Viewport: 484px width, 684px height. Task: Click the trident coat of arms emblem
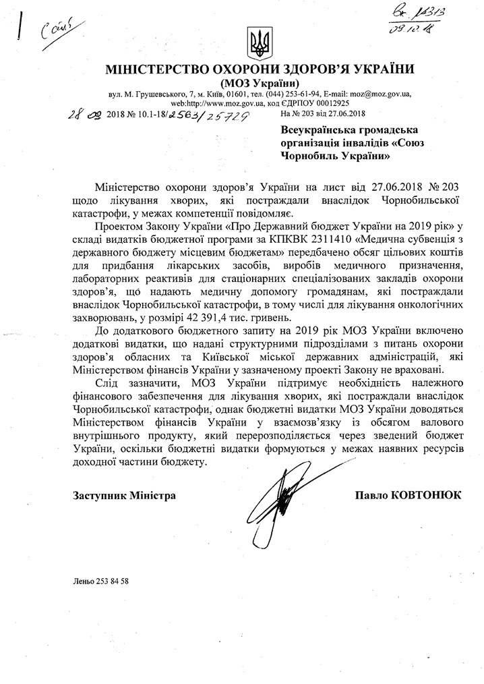tap(257, 43)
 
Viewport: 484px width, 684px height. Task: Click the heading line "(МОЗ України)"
tap(258, 82)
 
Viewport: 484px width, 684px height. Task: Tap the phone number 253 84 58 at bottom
tap(112, 580)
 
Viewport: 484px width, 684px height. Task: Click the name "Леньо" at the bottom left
tap(82, 580)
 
